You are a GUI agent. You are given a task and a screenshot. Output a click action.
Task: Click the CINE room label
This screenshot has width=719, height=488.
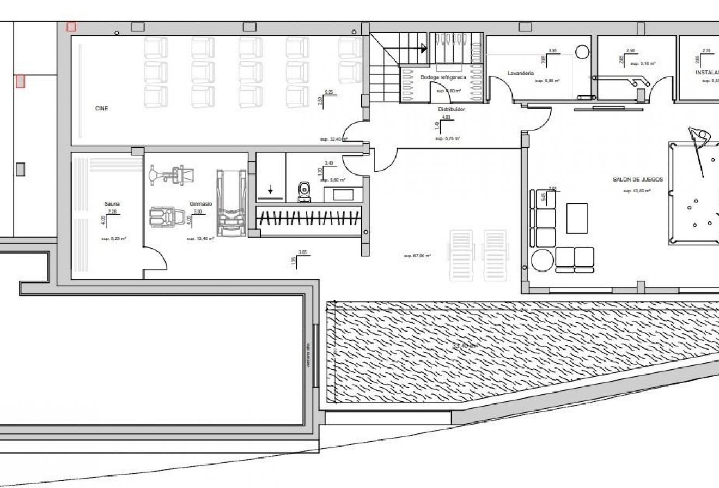(x=101, y=109)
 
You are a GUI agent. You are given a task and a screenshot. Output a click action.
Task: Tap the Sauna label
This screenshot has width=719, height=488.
(x=112, y=204)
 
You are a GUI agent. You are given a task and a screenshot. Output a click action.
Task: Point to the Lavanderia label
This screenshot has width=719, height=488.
(x=520, y=73)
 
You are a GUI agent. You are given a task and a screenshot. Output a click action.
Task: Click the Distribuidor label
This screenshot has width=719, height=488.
(x=452, y=109)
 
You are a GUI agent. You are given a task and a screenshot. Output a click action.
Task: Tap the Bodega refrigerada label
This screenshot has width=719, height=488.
(x=443, y=77)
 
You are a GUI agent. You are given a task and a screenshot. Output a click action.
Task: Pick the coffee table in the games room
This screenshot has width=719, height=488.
(x=577, y=218)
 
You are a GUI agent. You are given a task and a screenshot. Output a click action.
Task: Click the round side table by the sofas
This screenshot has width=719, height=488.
(x=543, y=260)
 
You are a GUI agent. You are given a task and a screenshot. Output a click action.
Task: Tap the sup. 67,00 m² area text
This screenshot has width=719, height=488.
(x=417, y=256)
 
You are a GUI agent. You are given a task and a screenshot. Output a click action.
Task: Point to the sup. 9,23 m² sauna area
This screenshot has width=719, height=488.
(x=113, y=239)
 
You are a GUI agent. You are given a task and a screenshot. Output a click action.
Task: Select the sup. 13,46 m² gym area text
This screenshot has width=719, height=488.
(x=200, y=239)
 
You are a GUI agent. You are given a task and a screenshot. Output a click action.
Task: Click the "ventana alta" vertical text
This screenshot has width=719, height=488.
(x=308, y=355)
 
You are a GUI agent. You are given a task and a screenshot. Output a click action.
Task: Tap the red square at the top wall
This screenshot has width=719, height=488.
(x=71, y=27)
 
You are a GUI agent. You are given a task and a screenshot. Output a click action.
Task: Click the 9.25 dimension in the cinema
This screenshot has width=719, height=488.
(x=328, y=92)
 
